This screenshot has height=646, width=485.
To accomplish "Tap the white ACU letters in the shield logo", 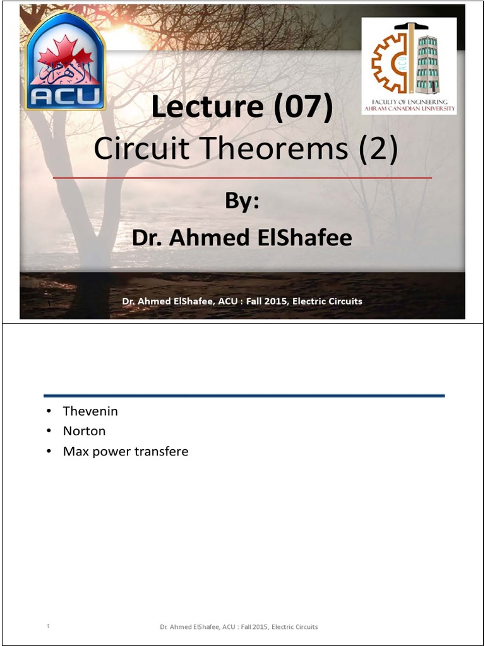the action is click(66, 97).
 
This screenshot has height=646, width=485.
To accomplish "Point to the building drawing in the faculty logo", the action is click(428, 63).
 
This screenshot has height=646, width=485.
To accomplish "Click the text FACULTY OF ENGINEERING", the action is click(409, 102).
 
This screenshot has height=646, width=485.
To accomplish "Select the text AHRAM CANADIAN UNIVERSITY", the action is click(409, 109).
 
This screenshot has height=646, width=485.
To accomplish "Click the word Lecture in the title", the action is click(207, 106).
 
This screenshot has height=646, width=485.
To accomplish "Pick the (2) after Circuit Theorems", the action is click(378, 150).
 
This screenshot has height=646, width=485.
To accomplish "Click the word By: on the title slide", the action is click(242, 201).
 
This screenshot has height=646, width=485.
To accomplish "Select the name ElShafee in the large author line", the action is click(304, 238).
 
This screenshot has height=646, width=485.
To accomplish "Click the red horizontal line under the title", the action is click(242, 178).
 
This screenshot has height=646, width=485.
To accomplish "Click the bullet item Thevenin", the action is click(90, 411).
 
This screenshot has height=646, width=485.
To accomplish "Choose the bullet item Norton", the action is click(84, 431).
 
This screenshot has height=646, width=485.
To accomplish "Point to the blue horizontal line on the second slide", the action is click(244, 396).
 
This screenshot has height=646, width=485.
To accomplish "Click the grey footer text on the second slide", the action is click(239, 626).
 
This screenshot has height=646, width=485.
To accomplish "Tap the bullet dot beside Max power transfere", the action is click(49, 451).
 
